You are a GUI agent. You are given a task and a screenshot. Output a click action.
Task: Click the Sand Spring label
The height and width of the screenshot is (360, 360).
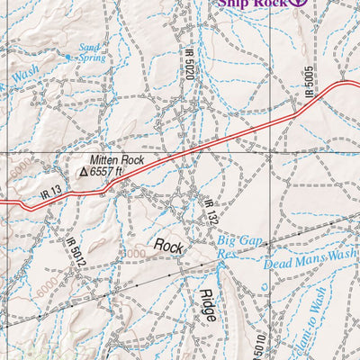coord(91,53)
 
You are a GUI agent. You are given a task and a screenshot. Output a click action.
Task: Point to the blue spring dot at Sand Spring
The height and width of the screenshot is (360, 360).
coord(68,56)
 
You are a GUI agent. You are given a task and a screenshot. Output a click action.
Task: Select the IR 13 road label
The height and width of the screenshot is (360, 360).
coord(50,192)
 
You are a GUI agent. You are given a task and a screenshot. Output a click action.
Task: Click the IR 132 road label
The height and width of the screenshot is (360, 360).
coord(207,213)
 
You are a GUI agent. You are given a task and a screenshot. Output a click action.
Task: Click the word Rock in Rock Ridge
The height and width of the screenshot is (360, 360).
coord(168,245)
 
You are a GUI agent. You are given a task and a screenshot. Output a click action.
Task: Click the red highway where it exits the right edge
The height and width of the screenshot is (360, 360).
coord(356,85)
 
